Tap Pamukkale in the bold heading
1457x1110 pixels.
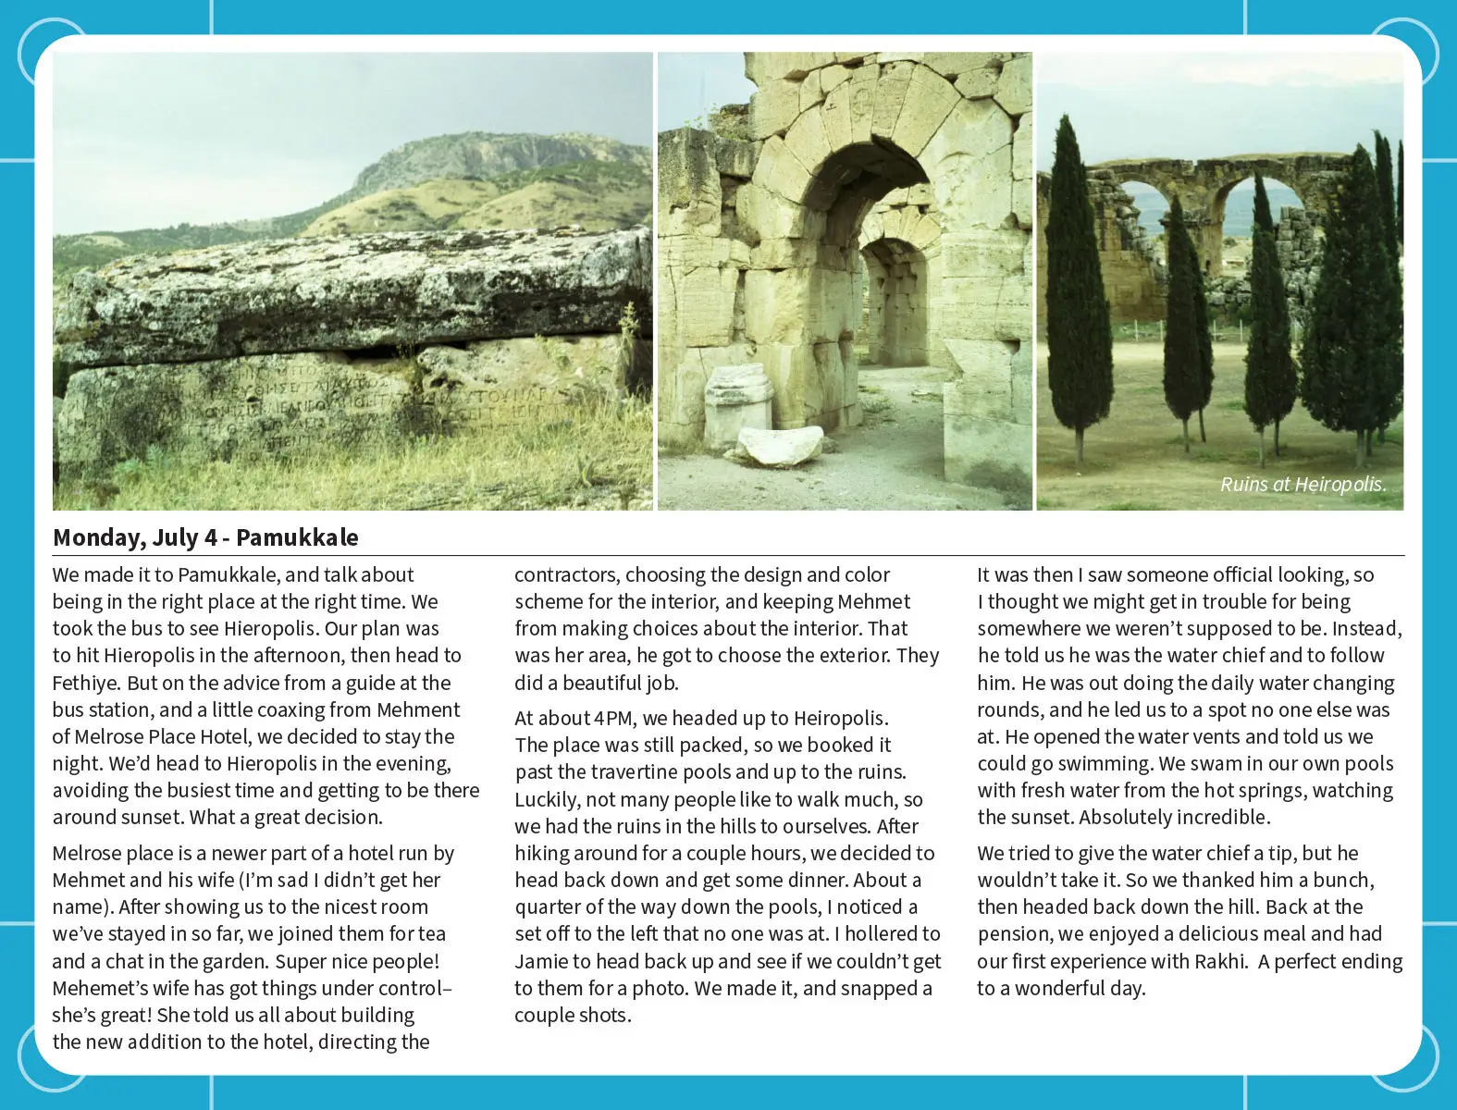[x=297, y=537]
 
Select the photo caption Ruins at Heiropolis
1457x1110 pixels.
[x=1303, y=485]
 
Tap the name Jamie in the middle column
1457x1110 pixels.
[x=541, y=961]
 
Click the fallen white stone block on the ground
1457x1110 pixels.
[x=781, y=447]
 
